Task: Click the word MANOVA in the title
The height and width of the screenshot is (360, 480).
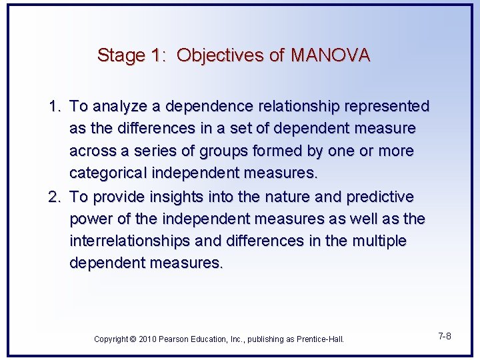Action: click(x=330, y=55)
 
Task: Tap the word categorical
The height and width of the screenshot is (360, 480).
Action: click(x=109, y=173)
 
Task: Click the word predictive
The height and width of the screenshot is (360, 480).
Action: click(x=380, y=197)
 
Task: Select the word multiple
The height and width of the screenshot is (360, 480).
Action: click(x=377, y=241)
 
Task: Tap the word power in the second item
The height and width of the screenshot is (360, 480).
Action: click(x=91, y=219)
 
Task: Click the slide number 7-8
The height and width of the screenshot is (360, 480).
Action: click(x=445, y=336)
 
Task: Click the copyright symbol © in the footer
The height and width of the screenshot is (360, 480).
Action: click(x=133, y=339)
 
